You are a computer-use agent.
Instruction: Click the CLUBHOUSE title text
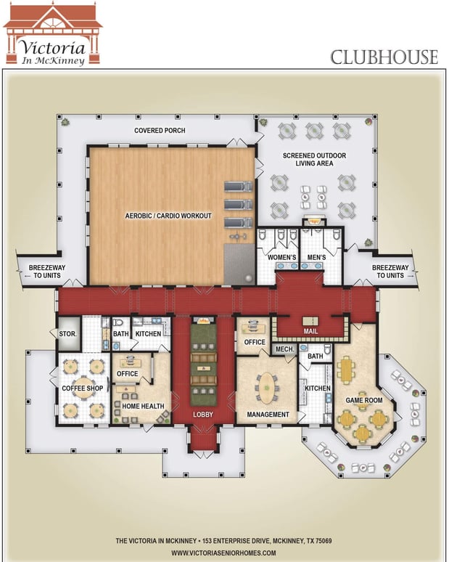tap(384, 57)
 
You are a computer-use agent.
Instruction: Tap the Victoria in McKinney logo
tap(53, 34)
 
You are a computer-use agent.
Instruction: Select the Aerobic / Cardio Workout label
tap(168, 216)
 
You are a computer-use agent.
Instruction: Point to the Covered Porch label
tap(160, 131)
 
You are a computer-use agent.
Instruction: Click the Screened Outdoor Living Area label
tap(314, 160)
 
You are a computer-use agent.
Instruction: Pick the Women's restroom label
tap(281, 257)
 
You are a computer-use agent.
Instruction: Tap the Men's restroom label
tap(316, 257)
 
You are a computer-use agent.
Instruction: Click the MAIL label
tap(310, 331)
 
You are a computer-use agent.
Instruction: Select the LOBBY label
tap(203, 415)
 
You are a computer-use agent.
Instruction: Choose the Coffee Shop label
tap(83, 388)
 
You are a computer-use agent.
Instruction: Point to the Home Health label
tap(143, 406)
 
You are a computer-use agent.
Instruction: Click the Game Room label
tap(364, 400)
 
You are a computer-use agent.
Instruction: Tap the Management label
tap(268, 415)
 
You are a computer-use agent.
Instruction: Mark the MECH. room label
tap(284, 349)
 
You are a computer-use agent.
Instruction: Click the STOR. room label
tap(67, 334)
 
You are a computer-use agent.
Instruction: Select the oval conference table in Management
tap(267, 388)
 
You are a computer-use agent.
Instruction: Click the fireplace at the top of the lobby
tap(203, 320)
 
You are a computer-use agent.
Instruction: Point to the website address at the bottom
tap(224, 553)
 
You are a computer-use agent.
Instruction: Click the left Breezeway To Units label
tap(47, 272)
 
